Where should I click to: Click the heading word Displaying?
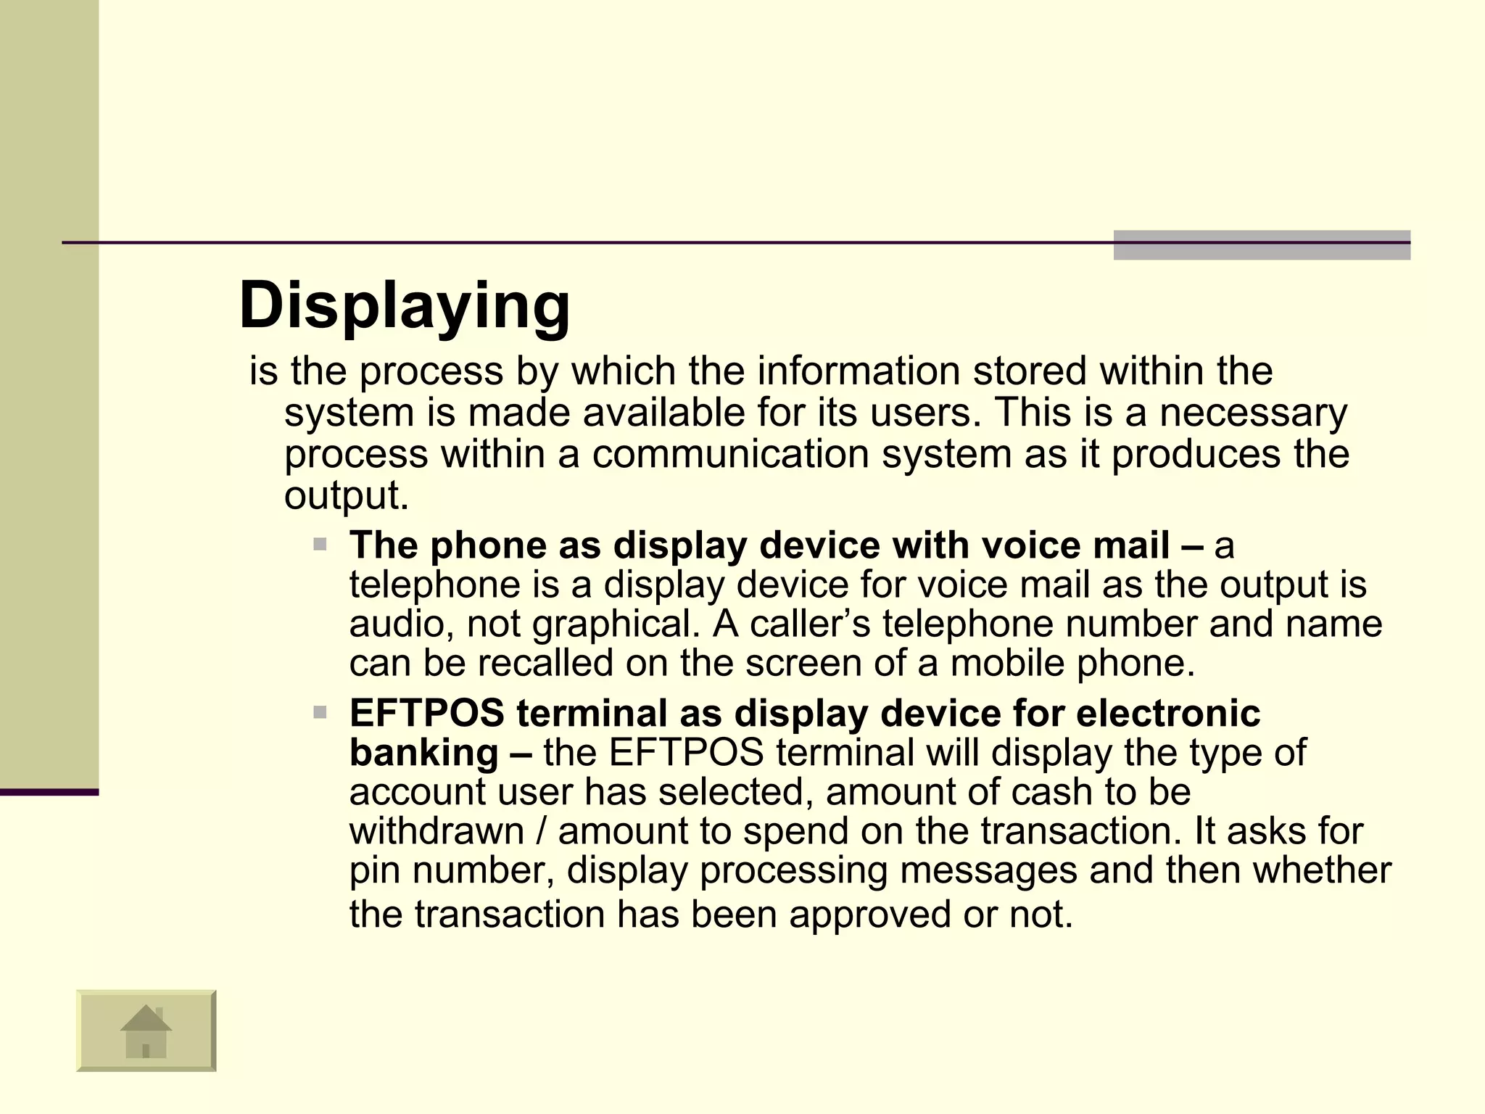[x=404, y=307]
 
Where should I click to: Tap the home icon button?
[x=146, y=1030]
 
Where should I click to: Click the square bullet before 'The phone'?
[x=320, y=544]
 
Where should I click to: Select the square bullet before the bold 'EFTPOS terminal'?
[x=320, y=713]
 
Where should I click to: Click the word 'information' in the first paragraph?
[x=859, y=371]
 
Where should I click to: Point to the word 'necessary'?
[x=1253, y=413]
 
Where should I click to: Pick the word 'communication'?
[x=730, y=455]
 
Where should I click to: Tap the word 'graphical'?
[x=616, y=624]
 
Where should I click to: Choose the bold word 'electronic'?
[x=1168, y=714]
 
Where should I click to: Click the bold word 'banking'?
[x=424, y=753]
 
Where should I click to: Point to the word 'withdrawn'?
[x=437, y=831]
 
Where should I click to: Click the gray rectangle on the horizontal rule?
[x=1262, y=245]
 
